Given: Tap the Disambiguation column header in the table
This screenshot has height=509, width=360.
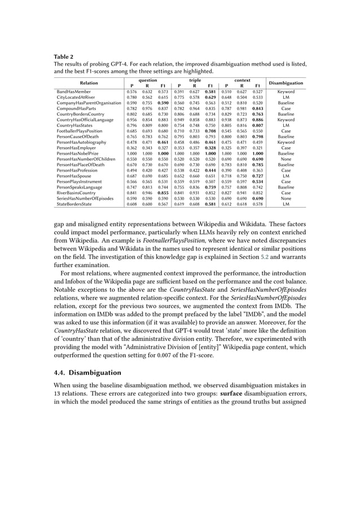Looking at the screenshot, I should [x=286, y=83].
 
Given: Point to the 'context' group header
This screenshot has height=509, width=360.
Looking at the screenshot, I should [x=242, y=81].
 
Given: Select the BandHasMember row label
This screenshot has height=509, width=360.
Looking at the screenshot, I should [x=73, y=91].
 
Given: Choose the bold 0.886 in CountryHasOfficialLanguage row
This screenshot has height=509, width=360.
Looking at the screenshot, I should [x=257, y=120].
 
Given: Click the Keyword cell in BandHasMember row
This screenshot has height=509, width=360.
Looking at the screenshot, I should [x=286, y=91].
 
